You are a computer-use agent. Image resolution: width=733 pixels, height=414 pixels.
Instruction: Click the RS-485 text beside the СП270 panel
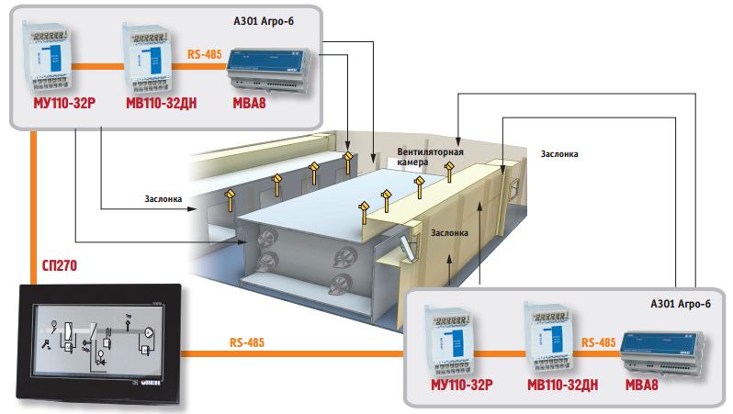(x=249, y=342)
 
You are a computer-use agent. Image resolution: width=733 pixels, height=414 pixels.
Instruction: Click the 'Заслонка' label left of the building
(x=166, y=197)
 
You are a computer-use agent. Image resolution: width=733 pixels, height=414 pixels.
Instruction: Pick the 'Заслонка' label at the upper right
(x=559, y=154)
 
